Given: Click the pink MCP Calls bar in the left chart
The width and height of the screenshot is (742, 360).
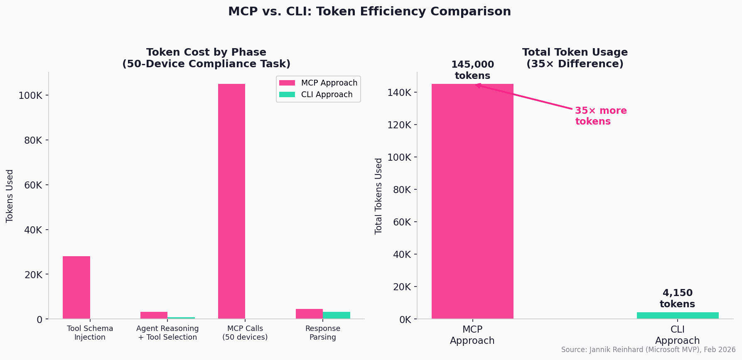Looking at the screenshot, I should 231,201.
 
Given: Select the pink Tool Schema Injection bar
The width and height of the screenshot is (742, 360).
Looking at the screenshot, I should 76,287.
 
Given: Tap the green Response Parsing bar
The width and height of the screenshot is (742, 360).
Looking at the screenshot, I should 337,315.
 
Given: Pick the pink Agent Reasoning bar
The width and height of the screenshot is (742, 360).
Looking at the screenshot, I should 154,315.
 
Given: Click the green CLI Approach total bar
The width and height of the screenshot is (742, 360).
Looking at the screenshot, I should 677,316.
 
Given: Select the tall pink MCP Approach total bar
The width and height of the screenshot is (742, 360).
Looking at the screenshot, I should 472,201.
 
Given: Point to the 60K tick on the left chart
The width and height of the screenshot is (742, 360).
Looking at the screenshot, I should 33,185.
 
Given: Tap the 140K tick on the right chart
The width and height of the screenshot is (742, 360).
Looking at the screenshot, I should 399,93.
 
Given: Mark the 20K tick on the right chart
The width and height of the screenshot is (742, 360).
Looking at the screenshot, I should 402,287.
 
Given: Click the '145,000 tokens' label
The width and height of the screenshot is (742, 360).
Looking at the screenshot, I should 472,70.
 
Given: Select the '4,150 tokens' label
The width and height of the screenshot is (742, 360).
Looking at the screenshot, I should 677,299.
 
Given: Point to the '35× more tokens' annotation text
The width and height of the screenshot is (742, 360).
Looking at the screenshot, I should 600,116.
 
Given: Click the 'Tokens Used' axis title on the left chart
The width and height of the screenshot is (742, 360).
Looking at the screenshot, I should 10,196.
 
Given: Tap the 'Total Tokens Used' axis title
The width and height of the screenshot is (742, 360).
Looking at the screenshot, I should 378,196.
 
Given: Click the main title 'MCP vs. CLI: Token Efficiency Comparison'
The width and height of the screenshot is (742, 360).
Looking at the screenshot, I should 369,12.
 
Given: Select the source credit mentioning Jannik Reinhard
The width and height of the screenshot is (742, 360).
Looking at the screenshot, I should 648,350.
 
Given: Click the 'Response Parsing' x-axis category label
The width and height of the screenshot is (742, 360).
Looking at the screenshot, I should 323,333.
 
